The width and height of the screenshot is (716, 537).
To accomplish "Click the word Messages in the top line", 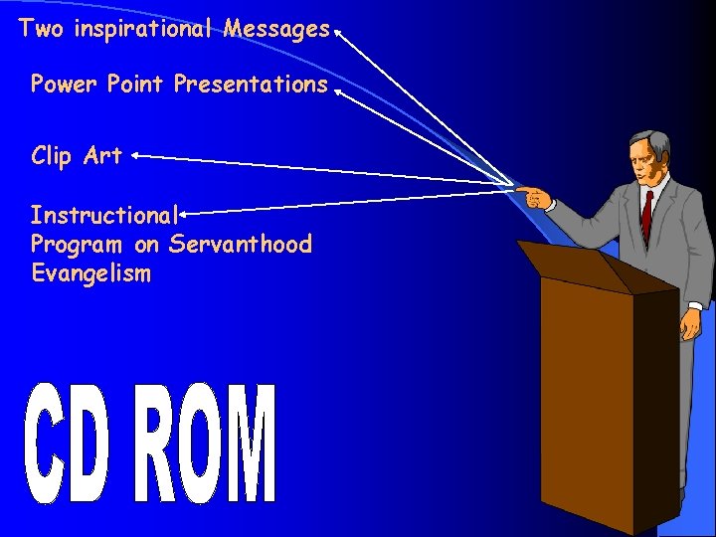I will [276, 29].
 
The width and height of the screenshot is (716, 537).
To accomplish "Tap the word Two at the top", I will [40, 29].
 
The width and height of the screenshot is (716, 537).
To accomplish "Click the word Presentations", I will [250, 85].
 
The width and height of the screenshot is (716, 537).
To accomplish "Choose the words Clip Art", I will [76, 156].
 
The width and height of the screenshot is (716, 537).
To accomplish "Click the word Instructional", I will [103, 215].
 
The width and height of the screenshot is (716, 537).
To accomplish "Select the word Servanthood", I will [240, 244].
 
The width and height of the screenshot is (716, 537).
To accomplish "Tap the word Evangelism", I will [90, 273].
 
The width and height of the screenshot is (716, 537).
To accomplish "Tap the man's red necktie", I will [646, 213].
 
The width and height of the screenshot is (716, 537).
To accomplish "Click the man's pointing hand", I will [532, 193].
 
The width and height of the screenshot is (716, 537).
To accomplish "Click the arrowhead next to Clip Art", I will [133, 155].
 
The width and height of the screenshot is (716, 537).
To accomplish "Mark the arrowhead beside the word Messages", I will [337, 31].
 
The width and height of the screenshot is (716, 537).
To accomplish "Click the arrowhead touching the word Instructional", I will [185, 211].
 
